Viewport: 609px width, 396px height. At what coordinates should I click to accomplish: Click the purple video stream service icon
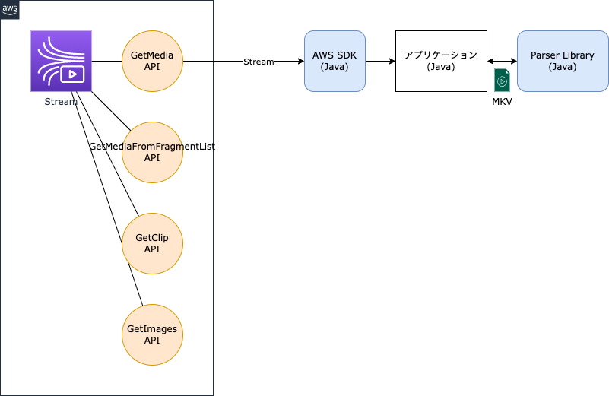click(61, 61)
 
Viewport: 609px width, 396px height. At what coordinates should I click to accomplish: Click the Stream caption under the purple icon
click(61, 101)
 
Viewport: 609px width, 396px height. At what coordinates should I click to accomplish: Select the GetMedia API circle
click(152, 61)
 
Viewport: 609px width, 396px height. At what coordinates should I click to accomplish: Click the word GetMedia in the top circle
click(152, 55)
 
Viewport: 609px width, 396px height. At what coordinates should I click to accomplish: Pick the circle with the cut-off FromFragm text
click(152, 152)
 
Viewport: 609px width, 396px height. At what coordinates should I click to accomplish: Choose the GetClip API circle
click(152, 243)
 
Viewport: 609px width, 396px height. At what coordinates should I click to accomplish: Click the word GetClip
click(152, 238)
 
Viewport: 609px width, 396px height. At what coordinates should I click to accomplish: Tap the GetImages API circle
click(152, 334)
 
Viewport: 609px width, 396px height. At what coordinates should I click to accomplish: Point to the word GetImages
click(152, 329)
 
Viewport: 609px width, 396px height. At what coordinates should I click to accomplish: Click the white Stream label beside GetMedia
click(259, 62)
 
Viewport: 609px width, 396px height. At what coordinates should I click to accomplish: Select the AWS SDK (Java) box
click(335, 61)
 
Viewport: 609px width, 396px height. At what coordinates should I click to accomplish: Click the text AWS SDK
click(335, 55)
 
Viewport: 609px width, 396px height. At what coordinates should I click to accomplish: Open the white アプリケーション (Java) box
click(441, 61)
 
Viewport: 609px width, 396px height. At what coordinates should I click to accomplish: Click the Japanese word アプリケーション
click(441, 55)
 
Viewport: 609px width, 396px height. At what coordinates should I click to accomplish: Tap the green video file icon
click(502, 80)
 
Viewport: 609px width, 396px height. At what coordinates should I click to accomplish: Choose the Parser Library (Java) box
click(563, 61)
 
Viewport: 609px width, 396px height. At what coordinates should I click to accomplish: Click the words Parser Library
click(563, 55)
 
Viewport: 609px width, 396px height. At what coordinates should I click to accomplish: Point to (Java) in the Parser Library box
click(563, 67)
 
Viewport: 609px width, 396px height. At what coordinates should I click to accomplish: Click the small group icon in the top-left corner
click(10, 10)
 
